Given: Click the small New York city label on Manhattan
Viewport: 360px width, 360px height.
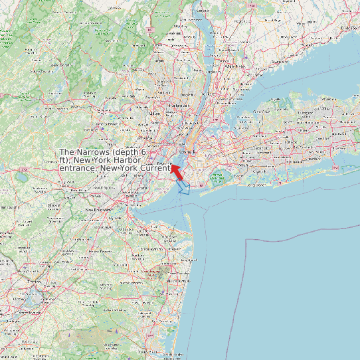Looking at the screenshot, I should [x=185, y=152].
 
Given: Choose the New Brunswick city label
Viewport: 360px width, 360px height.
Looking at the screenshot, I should [x=97, y=210].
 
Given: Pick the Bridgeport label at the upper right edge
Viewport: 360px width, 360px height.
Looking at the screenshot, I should [x=350, y=29].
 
